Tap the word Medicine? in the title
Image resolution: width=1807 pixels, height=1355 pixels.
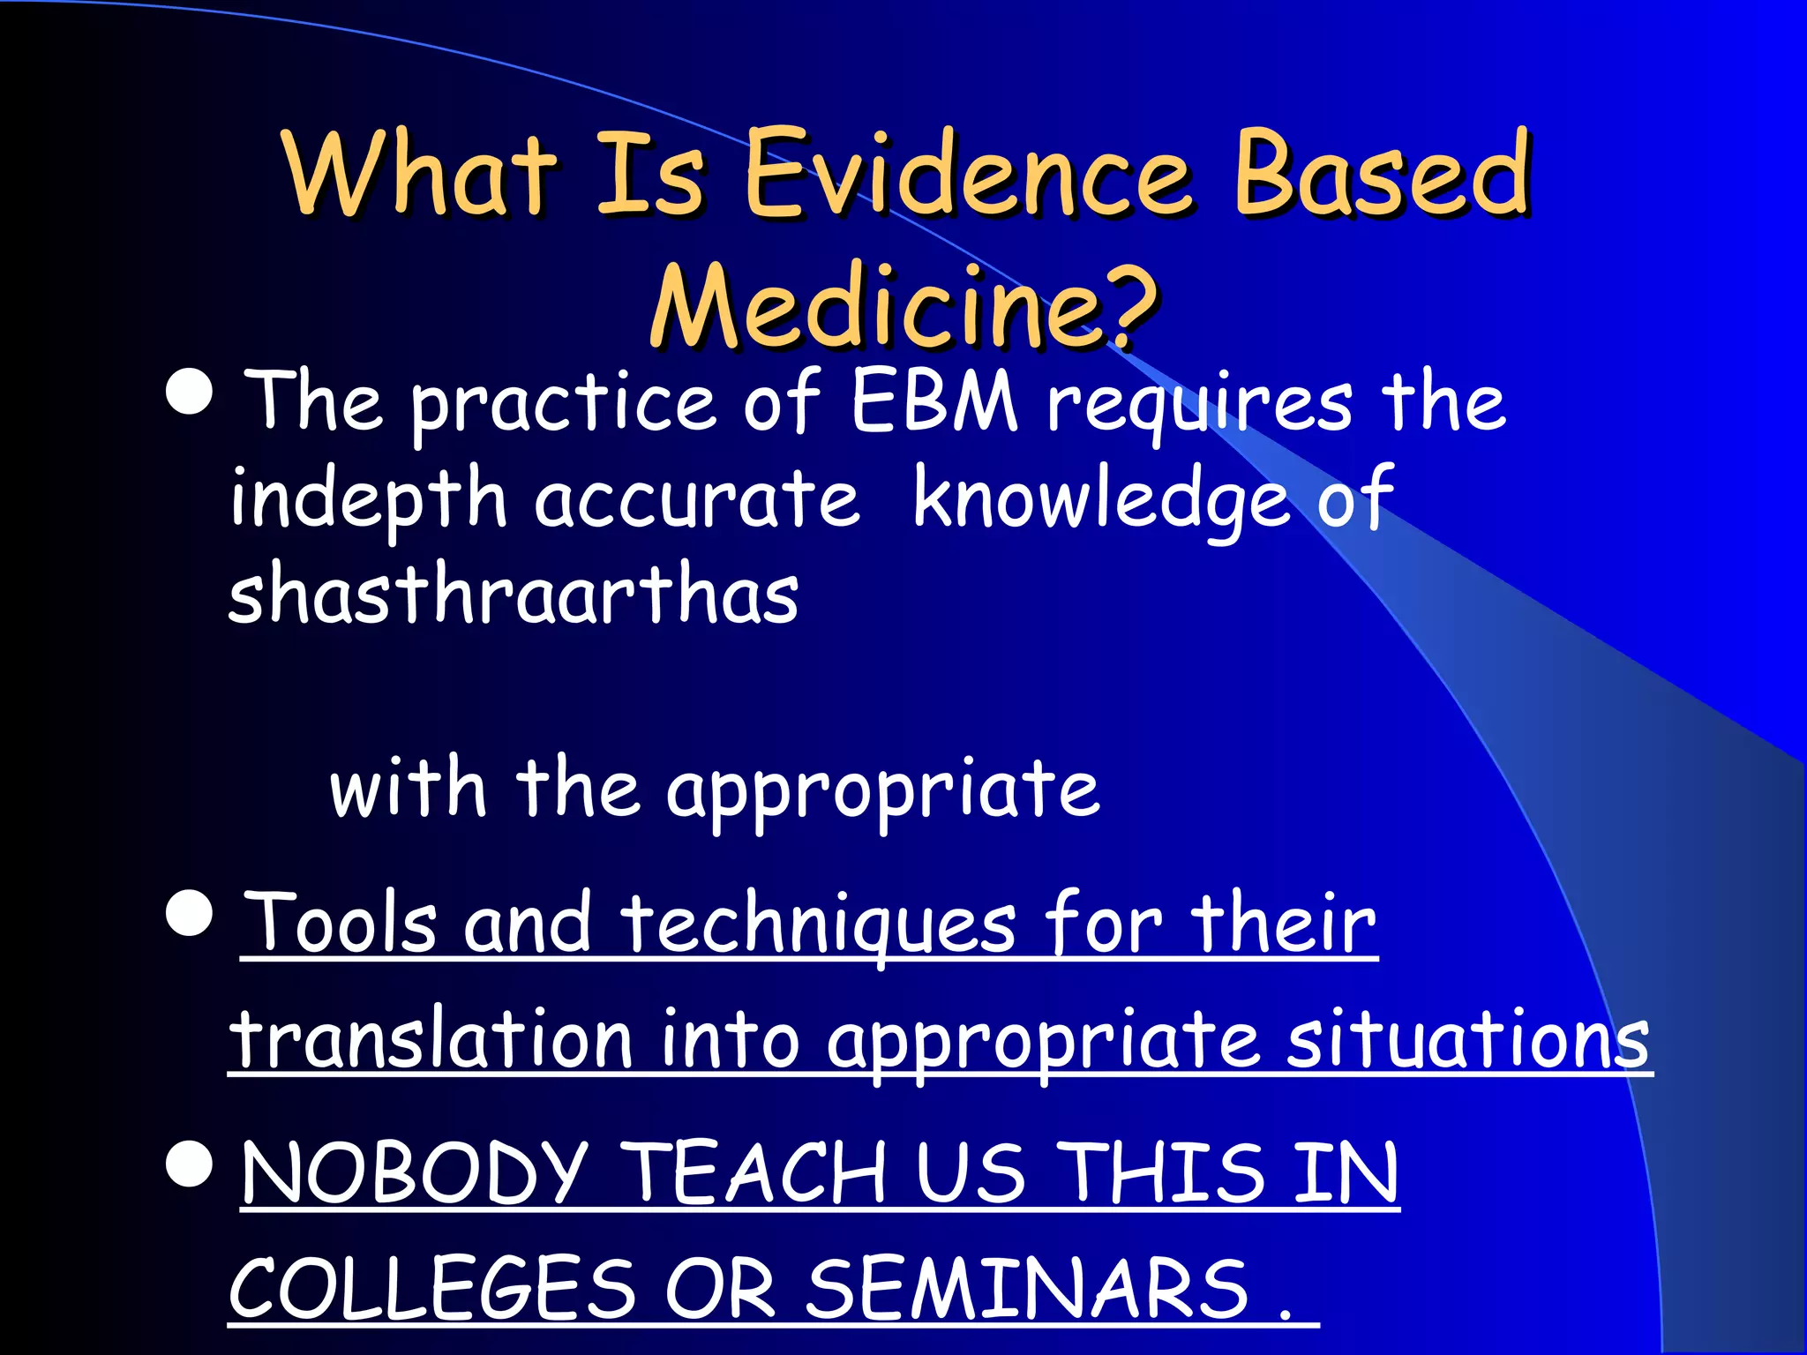click(903, 306)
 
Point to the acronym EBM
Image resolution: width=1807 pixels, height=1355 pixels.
click(934, 401)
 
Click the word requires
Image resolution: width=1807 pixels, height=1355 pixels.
click(1199, 406)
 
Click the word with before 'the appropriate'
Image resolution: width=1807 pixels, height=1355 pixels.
click(408, 788)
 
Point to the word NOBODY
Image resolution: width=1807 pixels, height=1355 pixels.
click(415, 1173)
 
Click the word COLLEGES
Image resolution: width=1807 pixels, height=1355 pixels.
click(432, 1288)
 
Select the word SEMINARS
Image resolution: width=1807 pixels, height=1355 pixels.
click(1028, 1288)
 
